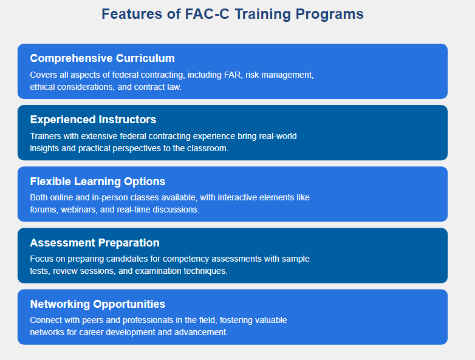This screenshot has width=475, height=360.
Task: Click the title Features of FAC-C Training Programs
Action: [233, 14]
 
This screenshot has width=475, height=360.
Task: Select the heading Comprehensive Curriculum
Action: [103, 58]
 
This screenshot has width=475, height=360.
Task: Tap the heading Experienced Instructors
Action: [93, 120]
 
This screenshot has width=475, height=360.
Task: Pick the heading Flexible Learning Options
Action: [98, 182]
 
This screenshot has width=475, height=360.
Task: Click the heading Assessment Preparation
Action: [95, 243]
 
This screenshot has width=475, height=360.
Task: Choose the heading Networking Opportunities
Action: [98, 304]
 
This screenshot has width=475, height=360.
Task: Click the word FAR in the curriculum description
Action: [233, 75]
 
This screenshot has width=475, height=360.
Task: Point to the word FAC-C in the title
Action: [207, 14]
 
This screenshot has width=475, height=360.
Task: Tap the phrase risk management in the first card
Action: [279, 75]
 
